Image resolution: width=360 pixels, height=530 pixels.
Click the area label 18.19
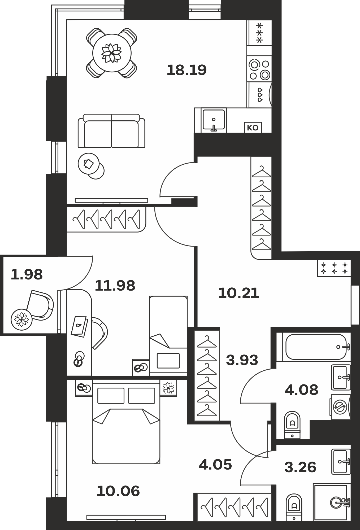(x=186, y=70)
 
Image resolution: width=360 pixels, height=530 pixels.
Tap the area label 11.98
(x=115, y=286)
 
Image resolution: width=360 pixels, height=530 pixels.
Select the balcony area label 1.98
(x=27, y=274)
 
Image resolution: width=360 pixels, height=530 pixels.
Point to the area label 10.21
(x=238, y=294)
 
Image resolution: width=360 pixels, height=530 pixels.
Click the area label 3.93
(x=242, y=360)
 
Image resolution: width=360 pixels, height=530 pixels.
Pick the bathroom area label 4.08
(x=301, y=390)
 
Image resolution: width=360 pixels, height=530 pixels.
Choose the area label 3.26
(x=300, y=467)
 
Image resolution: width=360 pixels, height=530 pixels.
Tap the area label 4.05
(x=215, y=465)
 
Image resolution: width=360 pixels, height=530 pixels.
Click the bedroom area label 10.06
(x=118, y=491)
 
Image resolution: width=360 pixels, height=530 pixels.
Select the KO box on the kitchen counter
(x=253, y=128)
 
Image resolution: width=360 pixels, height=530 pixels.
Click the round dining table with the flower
(x=112, y=53)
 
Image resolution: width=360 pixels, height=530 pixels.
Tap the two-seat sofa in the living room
(x=111, y=131)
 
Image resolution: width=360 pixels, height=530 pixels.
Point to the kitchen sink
(x=214, y=120)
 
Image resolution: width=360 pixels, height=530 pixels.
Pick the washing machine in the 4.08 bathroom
(x=341, y=406)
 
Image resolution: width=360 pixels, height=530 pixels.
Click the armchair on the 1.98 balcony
(x=40, y=305)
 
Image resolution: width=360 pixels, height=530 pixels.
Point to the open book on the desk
(x=79, y=326)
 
